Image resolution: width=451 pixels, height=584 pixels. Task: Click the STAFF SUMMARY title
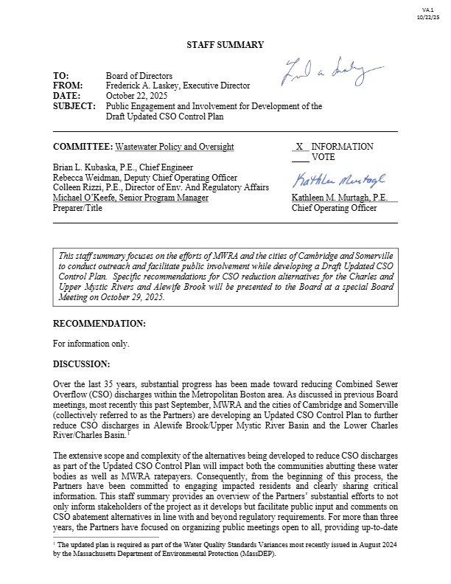[225, 45]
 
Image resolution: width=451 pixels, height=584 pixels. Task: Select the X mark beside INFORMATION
[299, 147]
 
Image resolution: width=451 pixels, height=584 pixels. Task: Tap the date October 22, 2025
[136, 96]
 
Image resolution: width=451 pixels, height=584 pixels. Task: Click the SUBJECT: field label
[74, 106]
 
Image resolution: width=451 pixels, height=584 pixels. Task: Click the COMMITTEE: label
[83, 147]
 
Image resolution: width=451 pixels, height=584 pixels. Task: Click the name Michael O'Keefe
[88, 198]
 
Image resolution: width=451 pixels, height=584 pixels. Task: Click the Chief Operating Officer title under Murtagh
[334, 209]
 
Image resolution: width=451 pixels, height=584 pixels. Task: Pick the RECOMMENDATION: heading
[99, 324]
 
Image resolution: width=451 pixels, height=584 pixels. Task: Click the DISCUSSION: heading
[81, 364]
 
